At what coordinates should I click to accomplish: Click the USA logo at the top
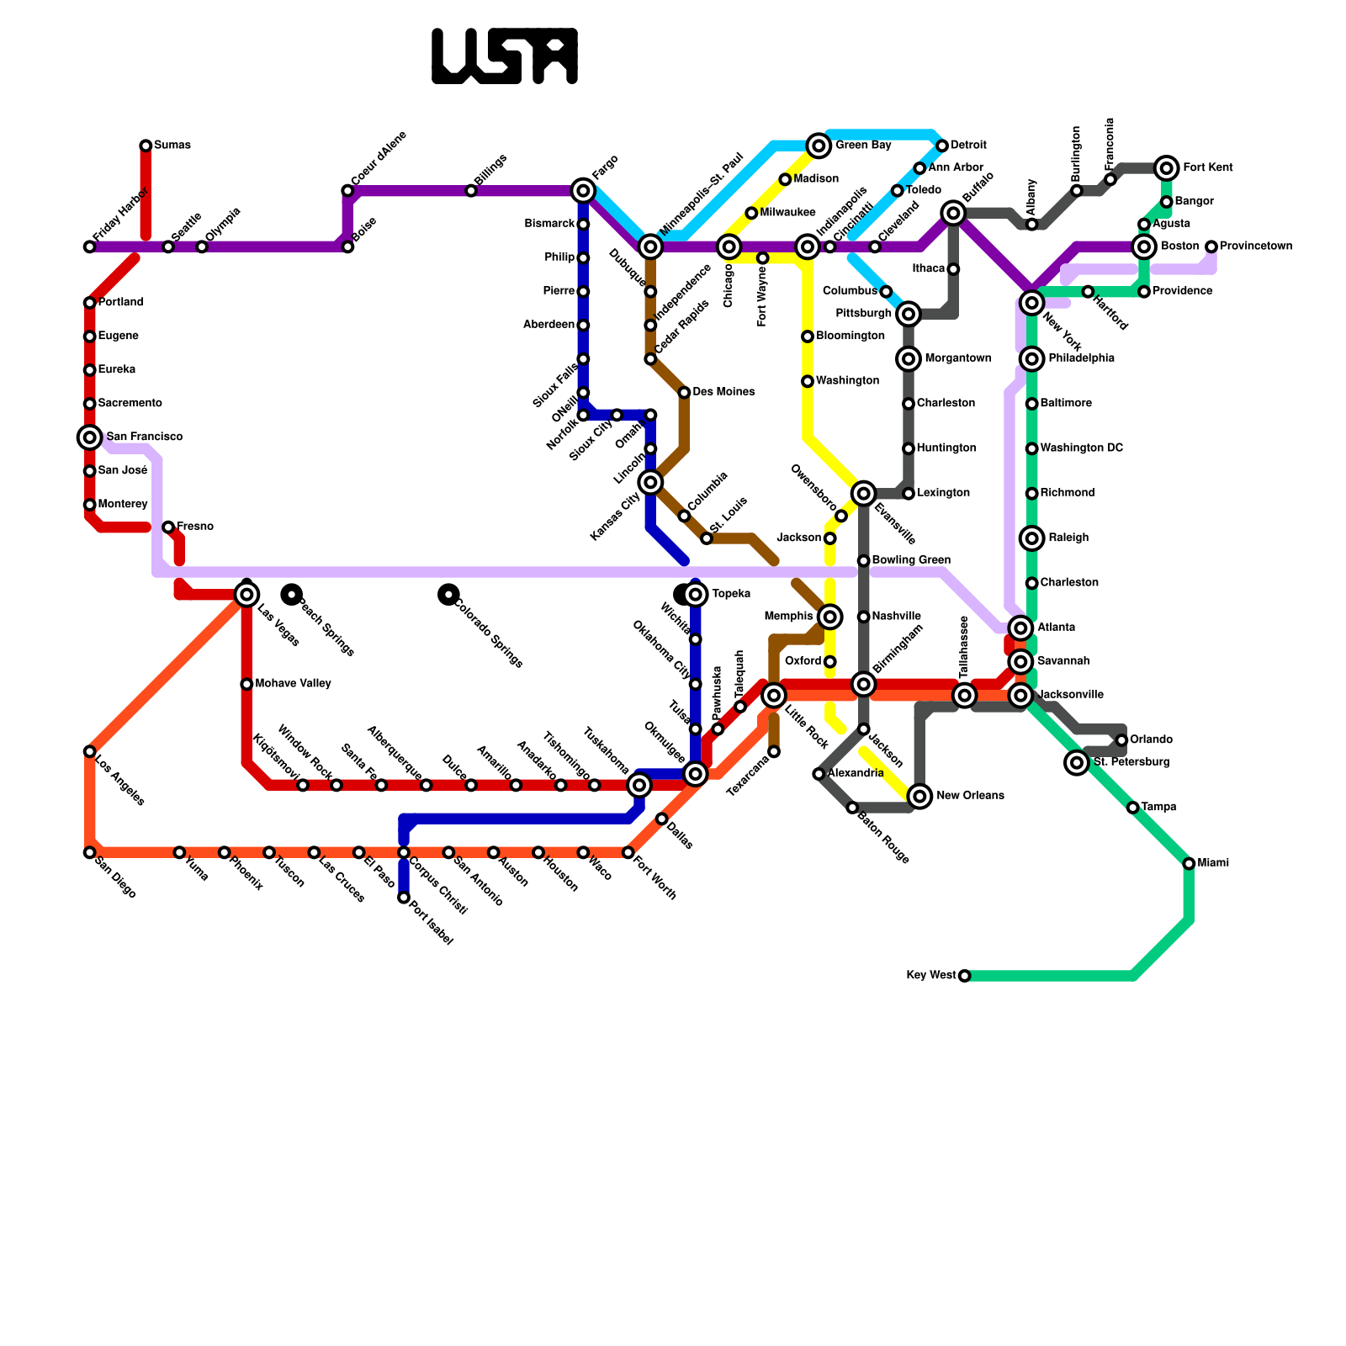click(505, 56)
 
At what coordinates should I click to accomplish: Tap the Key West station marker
click(964, 976)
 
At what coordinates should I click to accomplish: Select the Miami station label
click(1213, 863)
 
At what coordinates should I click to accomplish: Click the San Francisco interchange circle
click(89, 437)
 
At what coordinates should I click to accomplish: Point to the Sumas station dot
click(146, 146)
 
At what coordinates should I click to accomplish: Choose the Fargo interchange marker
click(583, 191)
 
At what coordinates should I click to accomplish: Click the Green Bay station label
click(863, 146)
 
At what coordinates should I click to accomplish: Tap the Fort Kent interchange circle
click(1166, 168)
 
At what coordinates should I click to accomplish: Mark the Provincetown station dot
click(1211, 246)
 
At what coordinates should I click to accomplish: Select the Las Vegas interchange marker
click(246, 595)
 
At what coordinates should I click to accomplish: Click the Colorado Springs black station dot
click(448, 595)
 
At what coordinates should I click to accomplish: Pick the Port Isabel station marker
click(404, 898)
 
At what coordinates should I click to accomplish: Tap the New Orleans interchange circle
click(920, 796)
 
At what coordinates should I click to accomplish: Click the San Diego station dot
click(89, 852)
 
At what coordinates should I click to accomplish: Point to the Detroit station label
click(968, 146)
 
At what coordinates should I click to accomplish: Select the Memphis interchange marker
click(829, 617)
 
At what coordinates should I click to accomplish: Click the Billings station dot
click(471, 191)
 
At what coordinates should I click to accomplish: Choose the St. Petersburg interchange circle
click(1077, 762)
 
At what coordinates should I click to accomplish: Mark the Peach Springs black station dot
click(292, 595)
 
